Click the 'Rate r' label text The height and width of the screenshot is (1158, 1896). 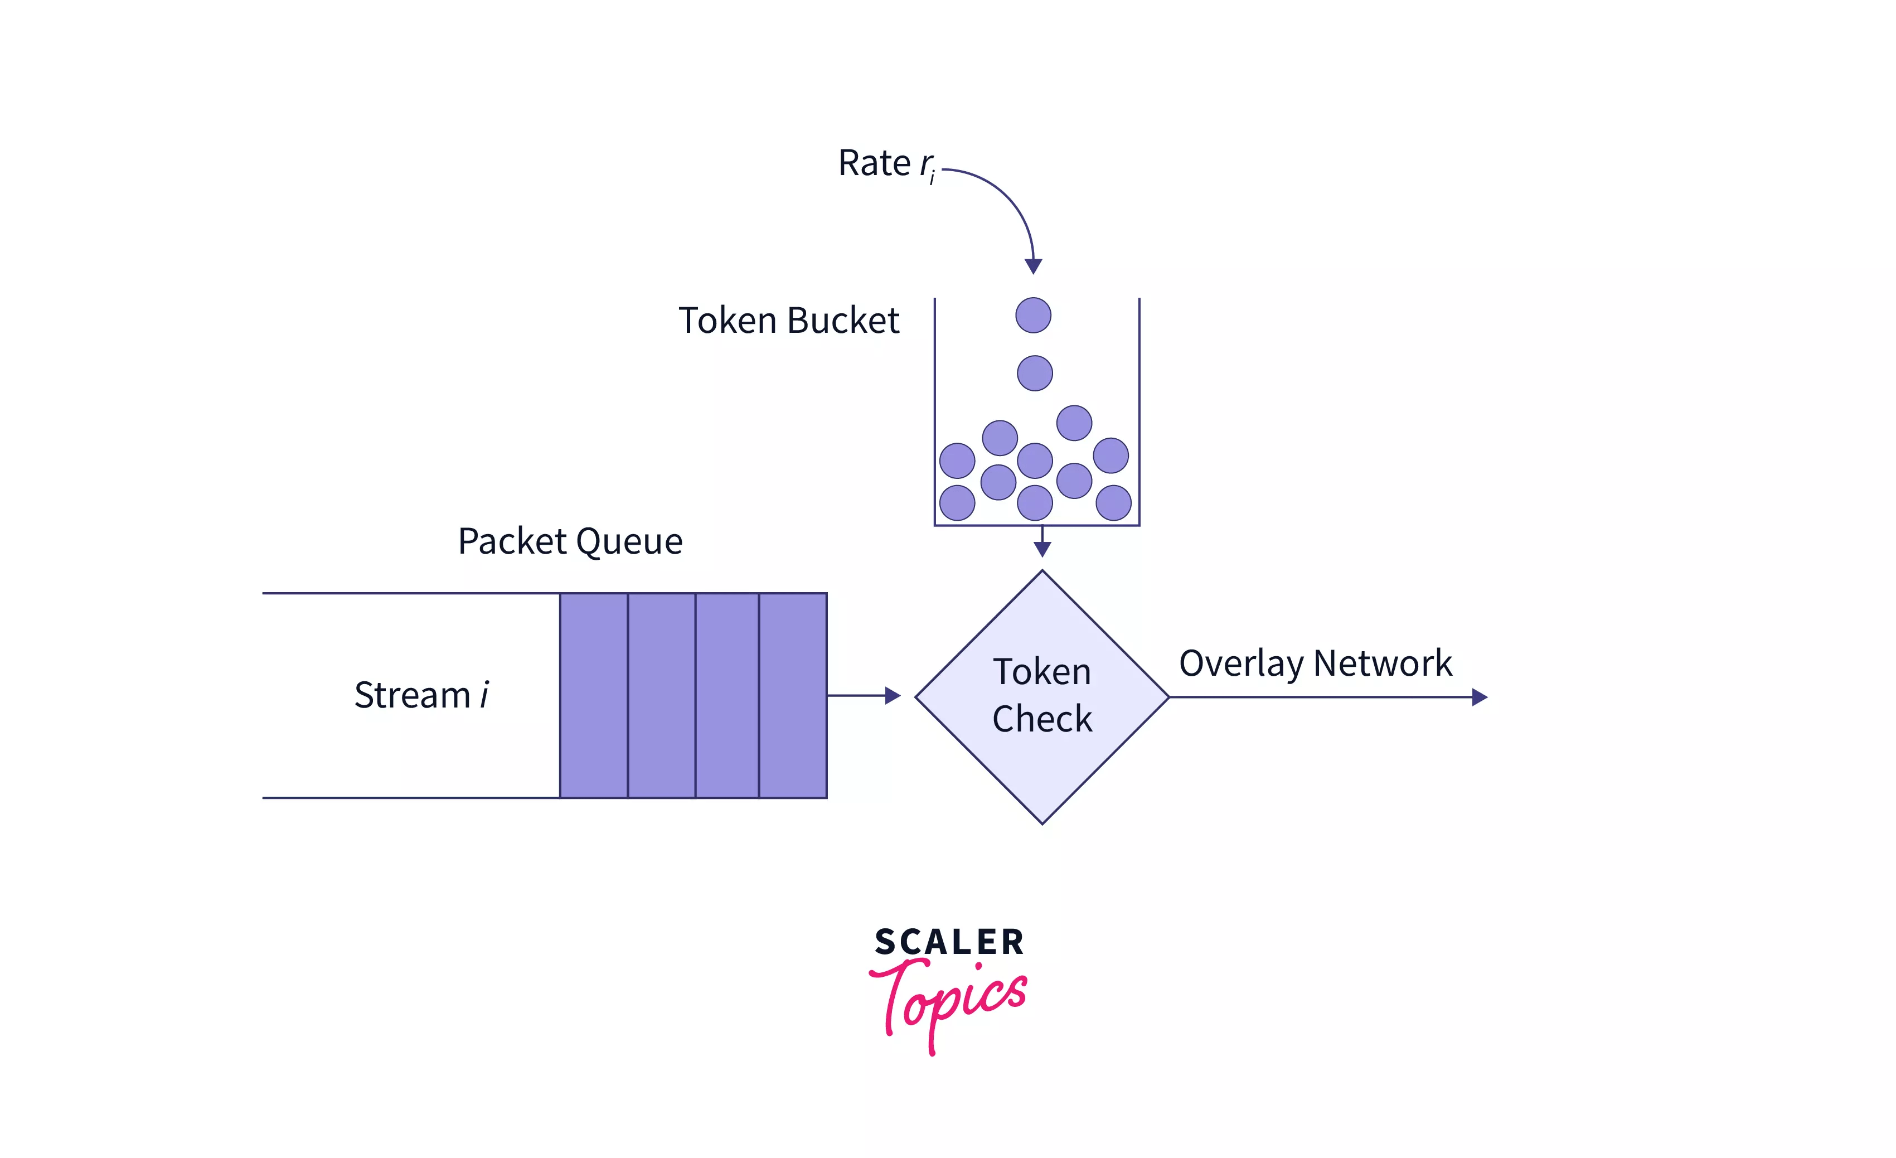885,164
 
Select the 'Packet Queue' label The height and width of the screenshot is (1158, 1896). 570,541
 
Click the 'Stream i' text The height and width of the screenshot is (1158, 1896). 421,695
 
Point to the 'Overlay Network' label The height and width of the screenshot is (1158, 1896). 1315,663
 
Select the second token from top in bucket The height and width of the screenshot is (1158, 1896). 1034,373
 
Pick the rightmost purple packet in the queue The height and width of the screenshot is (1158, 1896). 793,695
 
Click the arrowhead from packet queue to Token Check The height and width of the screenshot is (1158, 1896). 893,696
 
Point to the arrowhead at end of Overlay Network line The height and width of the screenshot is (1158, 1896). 1479,697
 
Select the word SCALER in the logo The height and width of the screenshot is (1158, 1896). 949,942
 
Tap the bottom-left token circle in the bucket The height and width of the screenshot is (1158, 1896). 957,503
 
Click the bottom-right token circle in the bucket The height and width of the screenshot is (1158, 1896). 1113,503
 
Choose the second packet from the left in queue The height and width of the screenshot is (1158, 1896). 661,695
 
